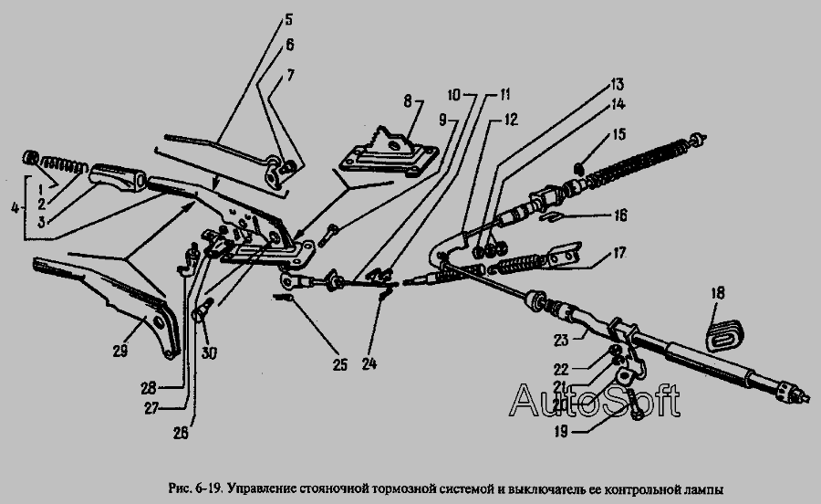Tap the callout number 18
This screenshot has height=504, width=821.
click(x=718, y=293)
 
